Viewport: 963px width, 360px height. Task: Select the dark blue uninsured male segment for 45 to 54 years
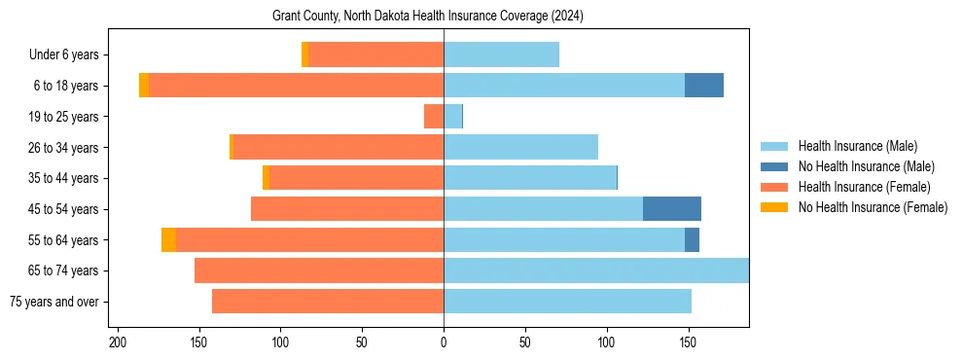[672, 208]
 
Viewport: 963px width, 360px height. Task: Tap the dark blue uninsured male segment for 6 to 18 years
[704, 86]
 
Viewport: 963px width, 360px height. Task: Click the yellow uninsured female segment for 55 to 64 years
[168, 239]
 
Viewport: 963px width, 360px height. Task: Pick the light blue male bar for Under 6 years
[501, 54]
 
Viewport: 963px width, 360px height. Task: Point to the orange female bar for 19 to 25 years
[434, 117]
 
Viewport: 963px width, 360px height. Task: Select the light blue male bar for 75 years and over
[567, 302]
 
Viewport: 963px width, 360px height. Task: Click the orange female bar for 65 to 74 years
[319, 270]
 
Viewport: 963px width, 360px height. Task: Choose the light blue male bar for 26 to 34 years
[520, 147]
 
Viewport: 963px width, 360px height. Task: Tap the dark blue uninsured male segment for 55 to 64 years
[692, 239]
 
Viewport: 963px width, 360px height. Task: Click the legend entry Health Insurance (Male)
[857, 146]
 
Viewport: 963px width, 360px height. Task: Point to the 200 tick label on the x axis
[118, 342]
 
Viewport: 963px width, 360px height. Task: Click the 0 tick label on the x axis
[444, 342]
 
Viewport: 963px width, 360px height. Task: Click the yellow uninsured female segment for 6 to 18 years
[144, 86]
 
